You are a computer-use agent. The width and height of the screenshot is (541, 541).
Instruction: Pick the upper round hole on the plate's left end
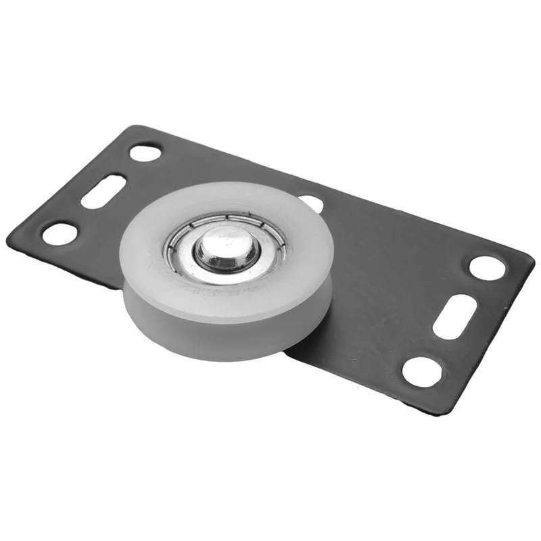145,152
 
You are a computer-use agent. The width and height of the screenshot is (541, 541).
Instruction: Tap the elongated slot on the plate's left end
103,191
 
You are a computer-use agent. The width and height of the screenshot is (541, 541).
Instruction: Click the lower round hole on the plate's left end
60,233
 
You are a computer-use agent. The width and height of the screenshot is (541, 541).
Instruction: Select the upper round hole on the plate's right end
487,268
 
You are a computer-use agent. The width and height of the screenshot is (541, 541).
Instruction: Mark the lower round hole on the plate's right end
423,371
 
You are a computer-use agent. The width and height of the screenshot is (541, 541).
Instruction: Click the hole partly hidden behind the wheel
312,202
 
